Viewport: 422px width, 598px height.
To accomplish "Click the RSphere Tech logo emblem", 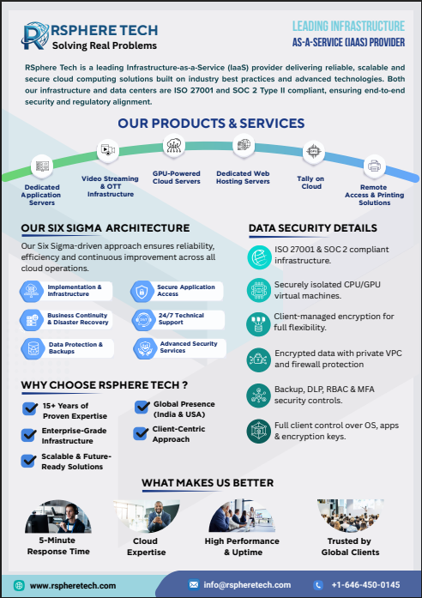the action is coord(35,35).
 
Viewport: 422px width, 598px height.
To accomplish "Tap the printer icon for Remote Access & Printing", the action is coord(374,166).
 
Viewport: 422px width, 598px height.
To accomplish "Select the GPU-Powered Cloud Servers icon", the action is coord(174,145).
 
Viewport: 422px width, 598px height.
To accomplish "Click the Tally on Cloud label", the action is coord(311,183).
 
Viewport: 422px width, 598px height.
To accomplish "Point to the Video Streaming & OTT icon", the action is coord(108,150).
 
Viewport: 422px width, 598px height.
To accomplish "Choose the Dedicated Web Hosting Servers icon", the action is coord(244,145).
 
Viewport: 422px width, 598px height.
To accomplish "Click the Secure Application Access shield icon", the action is coord(142,292).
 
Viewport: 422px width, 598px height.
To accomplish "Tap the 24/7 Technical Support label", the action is coord(182,319).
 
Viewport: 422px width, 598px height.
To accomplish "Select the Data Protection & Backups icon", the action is coord(33,348).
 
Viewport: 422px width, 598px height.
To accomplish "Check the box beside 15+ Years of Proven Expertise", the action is coord(30,408).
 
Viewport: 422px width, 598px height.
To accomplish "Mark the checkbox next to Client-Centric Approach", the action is coord(141,433).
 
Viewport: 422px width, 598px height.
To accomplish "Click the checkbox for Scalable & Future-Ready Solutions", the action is coord(28,461).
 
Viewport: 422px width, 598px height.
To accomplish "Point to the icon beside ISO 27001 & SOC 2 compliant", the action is coord(259,257).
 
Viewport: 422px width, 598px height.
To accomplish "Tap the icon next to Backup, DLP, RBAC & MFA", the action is coord(258,396).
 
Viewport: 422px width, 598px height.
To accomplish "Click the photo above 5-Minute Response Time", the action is coord(58,516).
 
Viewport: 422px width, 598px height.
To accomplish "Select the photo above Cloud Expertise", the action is coord(147,516).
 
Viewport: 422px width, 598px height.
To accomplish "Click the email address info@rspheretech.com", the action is coord(247,584).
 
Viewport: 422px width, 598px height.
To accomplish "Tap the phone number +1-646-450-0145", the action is coord(365,584).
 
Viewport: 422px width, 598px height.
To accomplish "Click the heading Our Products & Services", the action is coord(211,124).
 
